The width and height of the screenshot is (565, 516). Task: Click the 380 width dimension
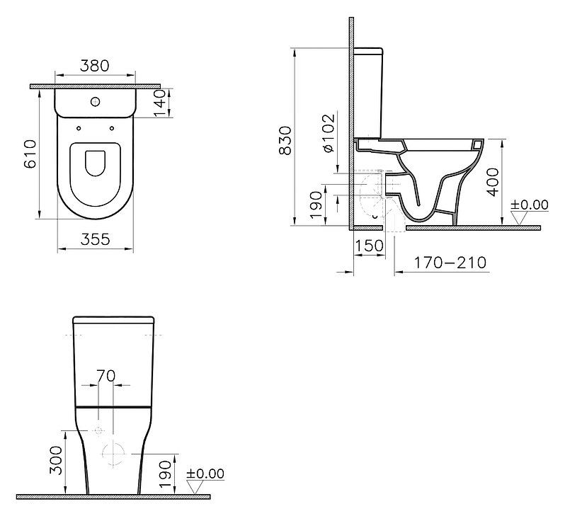[94, 66]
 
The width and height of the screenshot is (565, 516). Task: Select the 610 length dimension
[30, 154]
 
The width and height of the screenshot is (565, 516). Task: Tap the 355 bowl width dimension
[96, 239]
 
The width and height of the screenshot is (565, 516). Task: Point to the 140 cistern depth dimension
[159, 103]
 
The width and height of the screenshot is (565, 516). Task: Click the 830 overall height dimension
[285, 140]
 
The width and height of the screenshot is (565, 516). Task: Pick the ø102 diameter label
[329, 132]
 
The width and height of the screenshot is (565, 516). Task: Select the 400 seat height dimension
[493, 182]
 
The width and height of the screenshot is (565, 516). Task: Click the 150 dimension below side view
[370, 246]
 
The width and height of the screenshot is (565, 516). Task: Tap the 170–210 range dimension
[450, 263]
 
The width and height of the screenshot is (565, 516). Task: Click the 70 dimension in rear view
[106, 376]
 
